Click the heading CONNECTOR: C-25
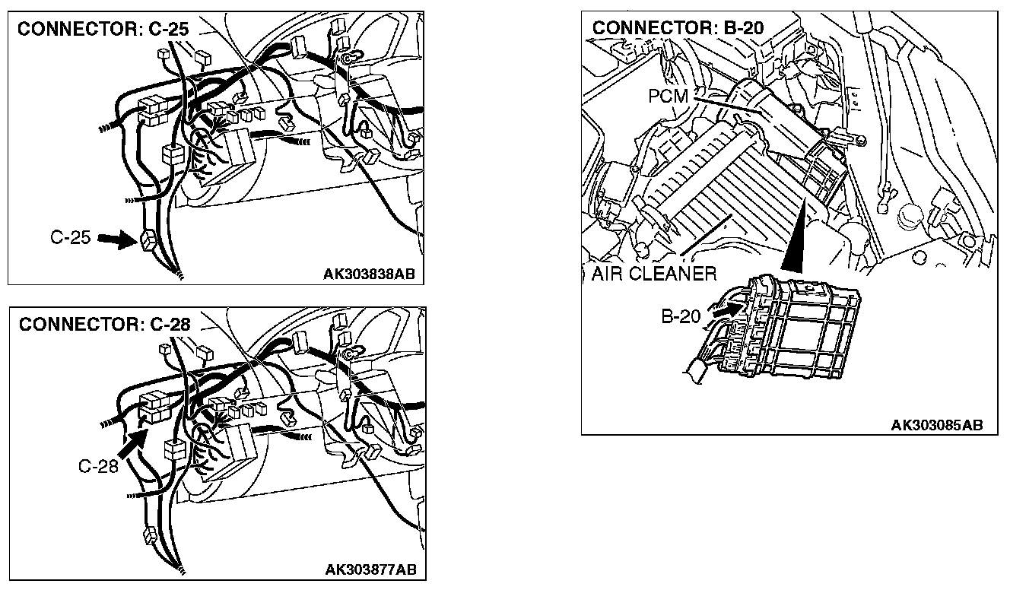point(103,30)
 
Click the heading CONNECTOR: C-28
point(104,325)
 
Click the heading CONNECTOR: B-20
point(677,27)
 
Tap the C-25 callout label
point(71,238)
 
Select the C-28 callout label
point(99,466)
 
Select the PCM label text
point(669,97)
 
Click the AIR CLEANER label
point(653,273)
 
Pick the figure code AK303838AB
point(370,274)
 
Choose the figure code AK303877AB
point(370,569)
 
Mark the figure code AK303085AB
point(936,424)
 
